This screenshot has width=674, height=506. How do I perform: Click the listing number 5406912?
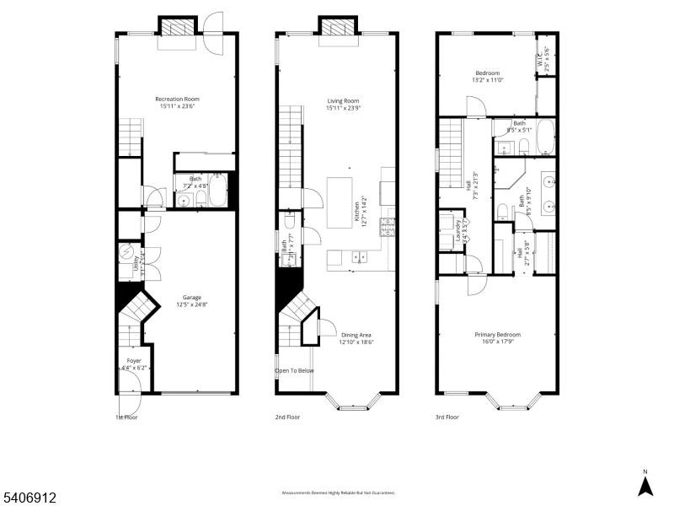pyautogui.click(x=29, y=498)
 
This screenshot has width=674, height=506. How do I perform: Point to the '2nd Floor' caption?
pyautogui.click(x=287, y=417)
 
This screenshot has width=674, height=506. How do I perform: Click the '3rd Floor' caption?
pyautogui.click(x=447, y=417)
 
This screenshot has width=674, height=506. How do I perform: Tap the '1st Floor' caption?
pyautogui.click(x=127, y=417)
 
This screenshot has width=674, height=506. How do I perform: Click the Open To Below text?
pyautogui.click(x=295, y=370)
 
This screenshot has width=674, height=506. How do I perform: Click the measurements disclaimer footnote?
pyautogui.click(x=337, y=493)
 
